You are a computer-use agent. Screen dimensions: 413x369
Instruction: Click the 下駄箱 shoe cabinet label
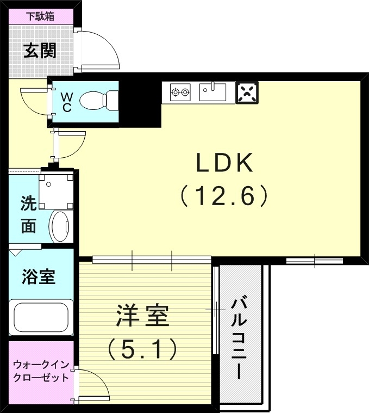pos(41,16)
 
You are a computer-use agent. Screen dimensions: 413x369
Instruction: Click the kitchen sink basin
pos(212,91)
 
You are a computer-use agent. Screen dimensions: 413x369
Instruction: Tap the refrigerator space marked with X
pos(247,93)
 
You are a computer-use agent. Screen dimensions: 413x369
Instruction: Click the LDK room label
pos(224,162)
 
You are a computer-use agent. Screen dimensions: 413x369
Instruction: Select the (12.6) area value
pos(224,195)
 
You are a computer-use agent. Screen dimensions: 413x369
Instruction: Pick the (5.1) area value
pos(142,349)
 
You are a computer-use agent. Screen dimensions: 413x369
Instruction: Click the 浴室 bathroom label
pos(38,276)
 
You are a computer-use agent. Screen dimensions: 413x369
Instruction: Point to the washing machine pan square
pos(57,190)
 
